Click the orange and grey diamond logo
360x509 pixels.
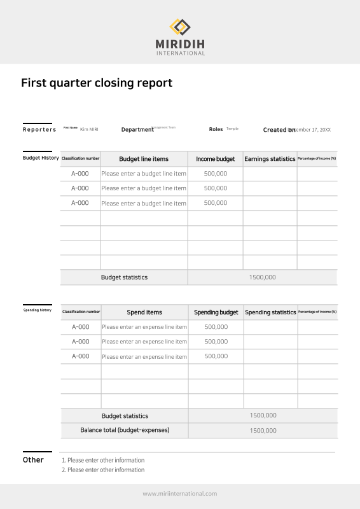(180, 27)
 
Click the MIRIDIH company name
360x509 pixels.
(180, 44)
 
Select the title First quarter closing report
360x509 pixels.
(97, 83)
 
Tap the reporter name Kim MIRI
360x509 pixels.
(89, 130)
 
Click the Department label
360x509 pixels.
(137, 130)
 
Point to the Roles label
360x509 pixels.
(216, 129)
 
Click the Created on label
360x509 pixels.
(279, 130)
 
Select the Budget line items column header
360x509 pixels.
(144, 159)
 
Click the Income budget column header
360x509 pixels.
(215, 159)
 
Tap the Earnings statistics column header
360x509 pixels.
(270, 159)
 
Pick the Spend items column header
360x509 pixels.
(144, 312)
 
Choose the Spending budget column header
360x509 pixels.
(216, 312)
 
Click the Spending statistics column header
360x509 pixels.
(270, 312)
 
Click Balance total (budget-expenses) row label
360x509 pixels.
(125, 430)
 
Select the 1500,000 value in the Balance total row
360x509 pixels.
(263, 431)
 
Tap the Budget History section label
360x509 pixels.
(41, 158)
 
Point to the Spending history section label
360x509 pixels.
(38, 310)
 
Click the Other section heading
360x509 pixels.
(33, 460)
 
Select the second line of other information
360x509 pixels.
(102, 470)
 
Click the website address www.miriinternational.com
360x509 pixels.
(180, 494)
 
